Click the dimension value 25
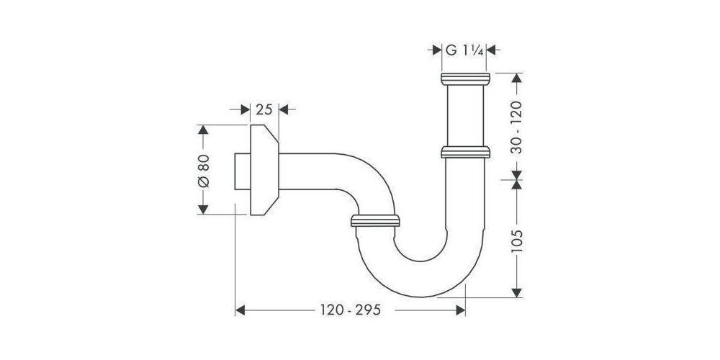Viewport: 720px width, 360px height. point(264,109)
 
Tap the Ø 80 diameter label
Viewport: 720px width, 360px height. point(203,171)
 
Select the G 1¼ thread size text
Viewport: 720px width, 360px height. point(464,50)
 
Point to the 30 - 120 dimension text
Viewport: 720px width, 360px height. point(516,127)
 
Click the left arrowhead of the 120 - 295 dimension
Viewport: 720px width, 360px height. point(242,310)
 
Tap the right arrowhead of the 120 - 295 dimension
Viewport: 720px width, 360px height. point(461,310)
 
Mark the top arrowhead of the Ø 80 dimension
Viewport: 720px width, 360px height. point(203,130)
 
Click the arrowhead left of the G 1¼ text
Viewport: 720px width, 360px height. point(436,50)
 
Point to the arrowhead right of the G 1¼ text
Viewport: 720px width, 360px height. point(493,50)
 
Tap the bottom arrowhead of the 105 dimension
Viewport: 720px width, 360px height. point(516,292)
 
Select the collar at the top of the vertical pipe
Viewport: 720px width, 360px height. point(464,79)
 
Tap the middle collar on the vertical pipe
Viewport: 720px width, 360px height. point(464,152)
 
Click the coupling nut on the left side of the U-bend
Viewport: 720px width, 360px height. point(374,220)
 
